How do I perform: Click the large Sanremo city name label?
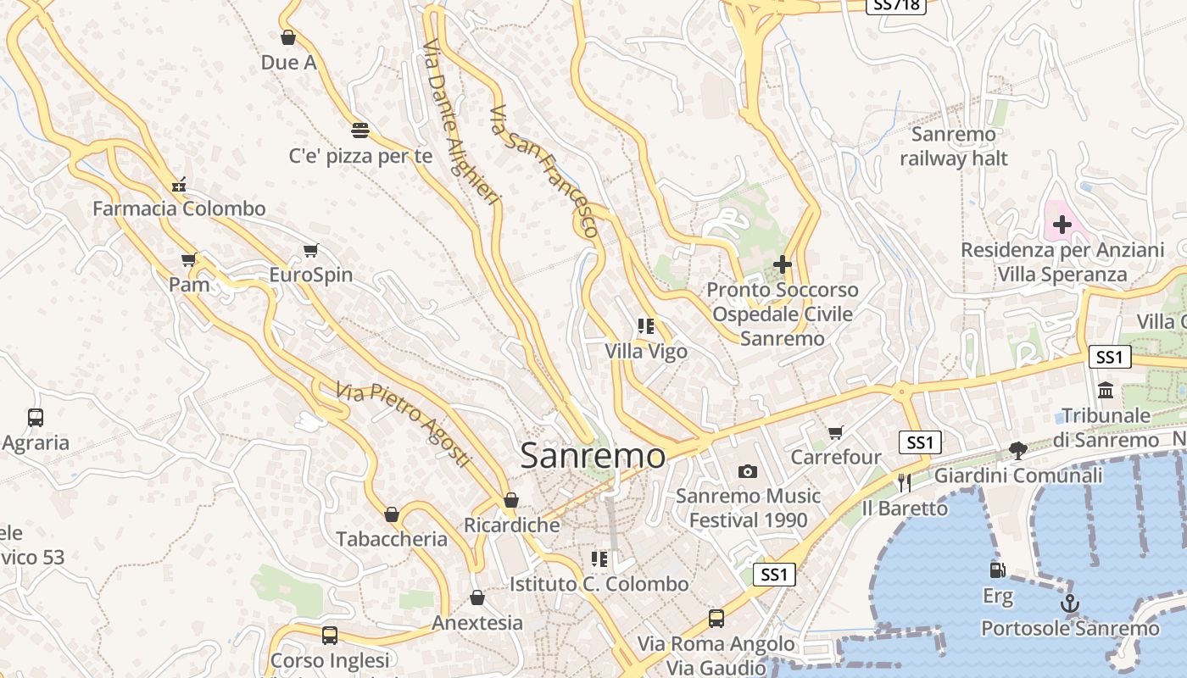(x=593, y=455)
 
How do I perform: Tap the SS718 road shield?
(x=896, y=5)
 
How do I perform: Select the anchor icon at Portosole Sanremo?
(x=1070, y=604)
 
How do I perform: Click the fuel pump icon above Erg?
(x=998, y=570)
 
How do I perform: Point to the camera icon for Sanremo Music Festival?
(x=747, y=471)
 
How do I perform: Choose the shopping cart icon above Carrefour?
(x=836, y=433)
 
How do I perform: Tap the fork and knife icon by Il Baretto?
(x=904, y=483)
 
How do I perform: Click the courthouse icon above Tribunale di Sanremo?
(x=1106, y=391)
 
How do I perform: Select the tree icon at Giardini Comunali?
(x=1017, y=451)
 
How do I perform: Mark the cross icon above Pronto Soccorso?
(x=782, y=265)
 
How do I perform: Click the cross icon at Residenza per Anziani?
(x=1062, y=225)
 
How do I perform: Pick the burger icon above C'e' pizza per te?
(x=360, y=131)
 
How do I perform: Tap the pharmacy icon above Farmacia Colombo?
(x=179, y=184)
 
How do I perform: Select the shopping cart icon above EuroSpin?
(x=310, y=251)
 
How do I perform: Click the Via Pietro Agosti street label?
(x=404, y=424)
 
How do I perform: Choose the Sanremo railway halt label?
(x=954, y=147)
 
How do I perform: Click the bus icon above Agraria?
(x=36, y=418)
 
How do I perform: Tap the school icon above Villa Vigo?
(x=646, y=326)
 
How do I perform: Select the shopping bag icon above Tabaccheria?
(x=392, y=514)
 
